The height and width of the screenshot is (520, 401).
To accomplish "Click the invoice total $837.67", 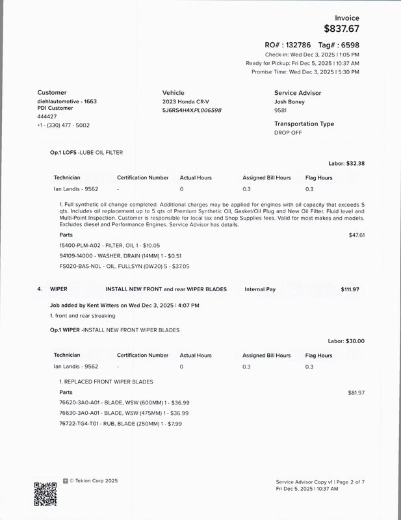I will click(x=341, y=29).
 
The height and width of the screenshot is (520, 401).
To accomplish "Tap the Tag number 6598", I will click(x=350, y=45).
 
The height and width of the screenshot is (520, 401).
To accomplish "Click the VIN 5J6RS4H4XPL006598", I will click(x=192, y=110).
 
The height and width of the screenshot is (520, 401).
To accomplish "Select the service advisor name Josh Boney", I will click(x=289, y=102).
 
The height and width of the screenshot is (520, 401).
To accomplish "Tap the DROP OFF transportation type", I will click(x=288, y=132).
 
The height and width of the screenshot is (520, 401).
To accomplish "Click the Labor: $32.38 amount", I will click(x=346, y=164).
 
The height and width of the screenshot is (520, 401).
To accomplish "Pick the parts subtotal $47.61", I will click(x=357, y=235).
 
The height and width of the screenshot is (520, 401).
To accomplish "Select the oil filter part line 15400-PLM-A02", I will click(x=100, y=245).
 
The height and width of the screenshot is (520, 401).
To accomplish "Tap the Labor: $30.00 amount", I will click(x=346, y=341).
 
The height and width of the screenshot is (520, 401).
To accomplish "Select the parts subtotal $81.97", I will click(x=357, y=393).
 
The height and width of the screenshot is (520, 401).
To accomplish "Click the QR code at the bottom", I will click(x=45, y=493).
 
